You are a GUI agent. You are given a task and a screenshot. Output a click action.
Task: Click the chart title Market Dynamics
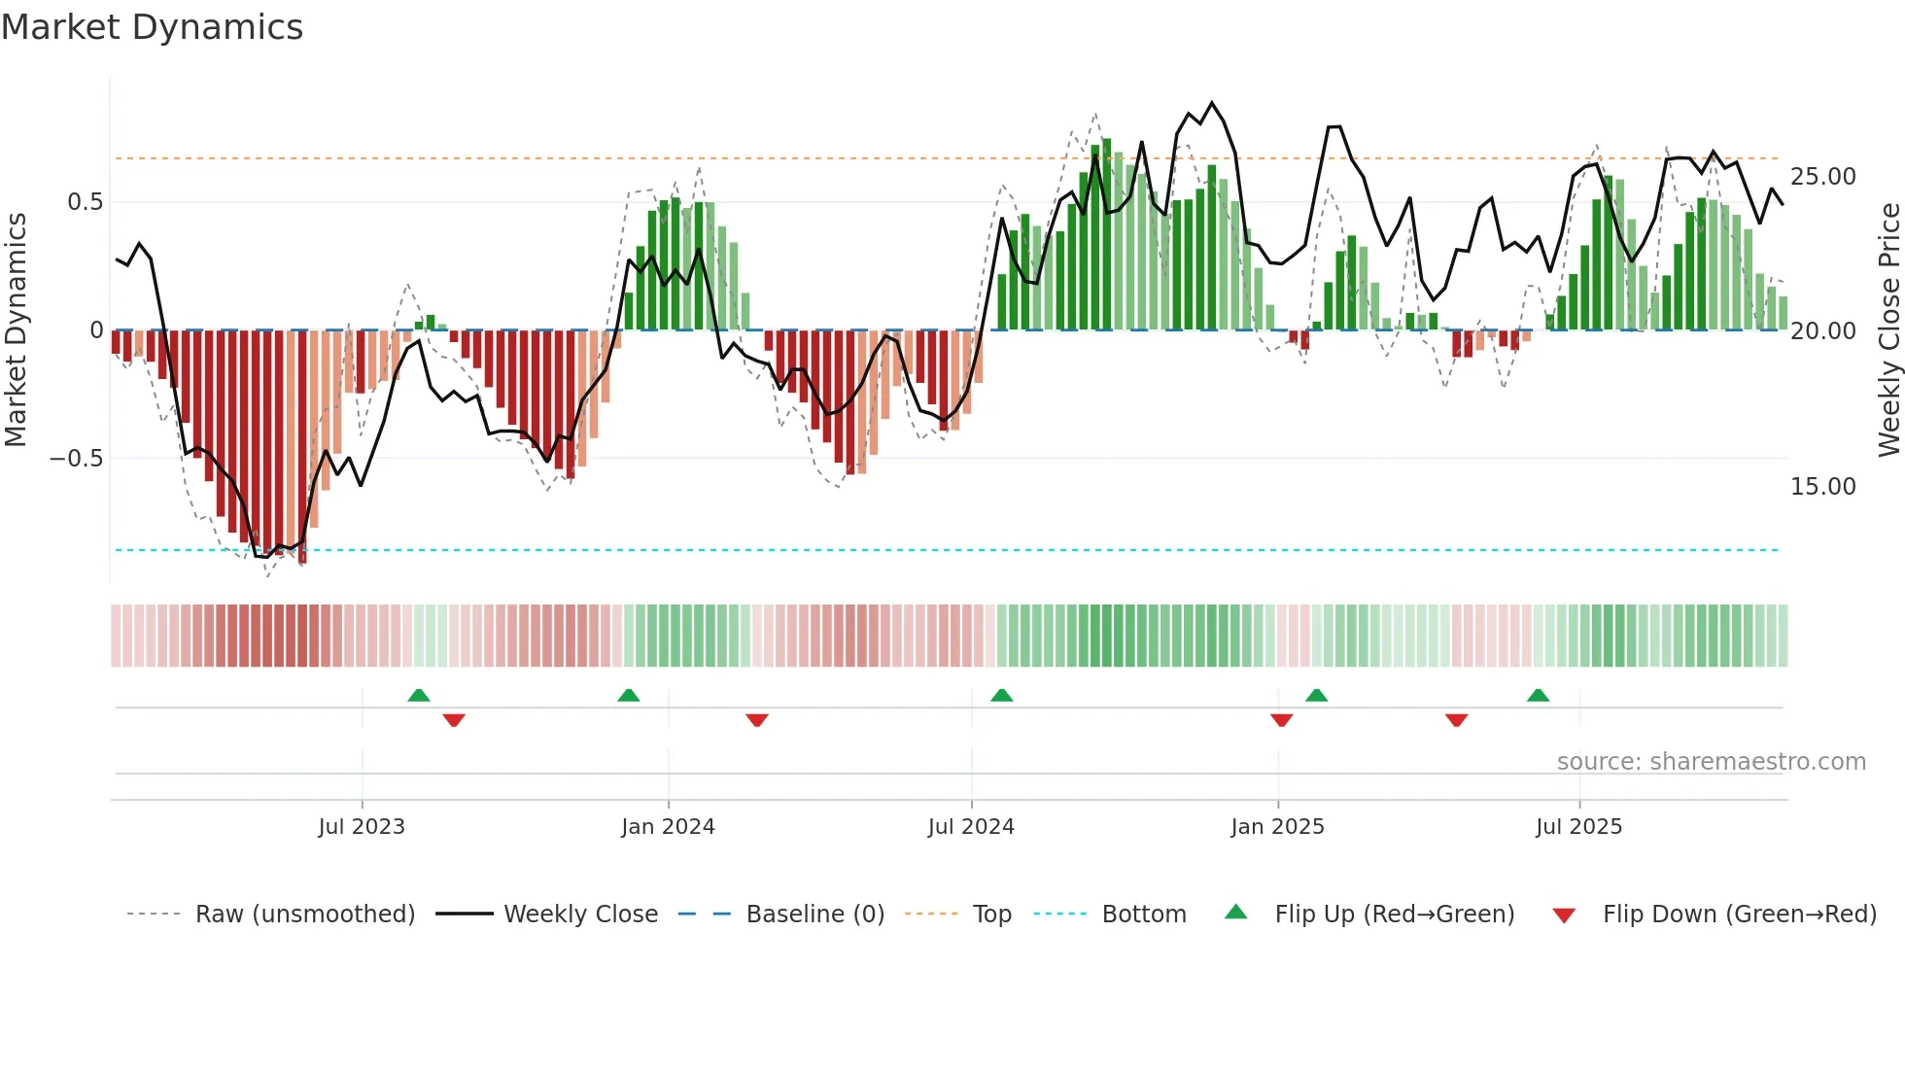click(x=152, y=27)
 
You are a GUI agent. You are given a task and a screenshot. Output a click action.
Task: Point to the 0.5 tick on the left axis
click(x=85, y=202)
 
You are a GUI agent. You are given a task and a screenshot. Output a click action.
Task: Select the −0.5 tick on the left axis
click(x=76, y=458)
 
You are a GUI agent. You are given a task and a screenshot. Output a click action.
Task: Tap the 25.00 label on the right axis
click(x=1822, y=177)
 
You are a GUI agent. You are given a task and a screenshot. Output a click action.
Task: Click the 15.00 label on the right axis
click(x=1822, y=487)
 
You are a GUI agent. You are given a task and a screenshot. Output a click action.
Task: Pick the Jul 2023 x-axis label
click(x=362, y=827)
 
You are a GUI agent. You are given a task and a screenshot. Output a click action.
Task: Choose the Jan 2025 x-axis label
click(x=1277, y=827)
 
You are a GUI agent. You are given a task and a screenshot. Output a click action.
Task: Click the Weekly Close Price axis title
click(x=1888, y=330)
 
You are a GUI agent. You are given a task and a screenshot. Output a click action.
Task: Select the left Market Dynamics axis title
click(x=16, y=330)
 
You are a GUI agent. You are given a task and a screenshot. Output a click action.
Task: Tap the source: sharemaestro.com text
click(x=1711, y=762)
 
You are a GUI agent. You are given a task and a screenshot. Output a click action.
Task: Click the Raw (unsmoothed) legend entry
click(x=304, y=915)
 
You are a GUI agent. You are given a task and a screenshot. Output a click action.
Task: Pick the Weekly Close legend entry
click(x=580, y=915)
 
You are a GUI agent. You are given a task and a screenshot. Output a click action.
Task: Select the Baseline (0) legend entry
click(x=814, y=915)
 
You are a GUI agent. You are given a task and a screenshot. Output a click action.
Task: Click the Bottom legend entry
click(x=1143, y=915)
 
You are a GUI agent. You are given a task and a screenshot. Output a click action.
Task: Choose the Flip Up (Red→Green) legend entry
click(x=1394, y=915)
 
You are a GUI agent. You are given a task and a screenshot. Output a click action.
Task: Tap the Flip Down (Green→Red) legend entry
click(x=1739, y=915)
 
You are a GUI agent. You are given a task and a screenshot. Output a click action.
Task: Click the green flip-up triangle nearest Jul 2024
click(x=1001, y=696)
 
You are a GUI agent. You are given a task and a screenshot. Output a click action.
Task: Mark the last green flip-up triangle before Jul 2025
click(x=1538, y=696)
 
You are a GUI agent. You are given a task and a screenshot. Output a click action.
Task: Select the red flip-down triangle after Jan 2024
click(x=757, y=720)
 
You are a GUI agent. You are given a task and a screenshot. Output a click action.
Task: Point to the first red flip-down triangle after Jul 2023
click(x=454, y=720)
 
